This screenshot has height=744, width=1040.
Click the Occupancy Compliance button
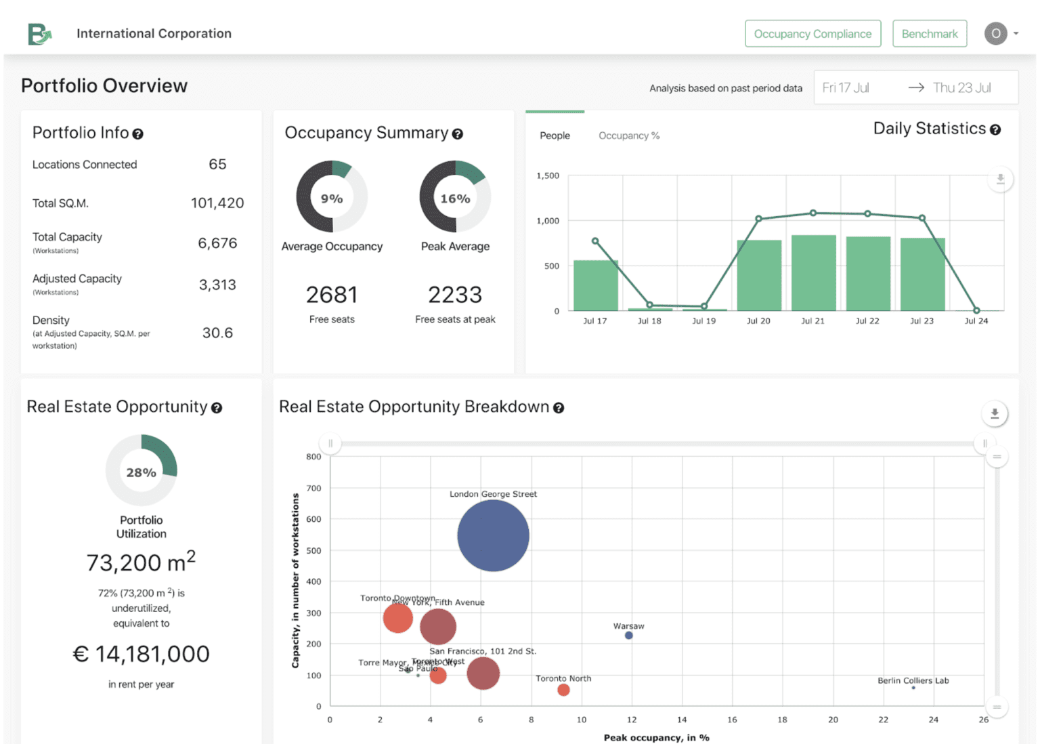[812, 34]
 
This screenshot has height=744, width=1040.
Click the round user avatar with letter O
[995, 33]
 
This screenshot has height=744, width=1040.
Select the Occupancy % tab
[628, 136]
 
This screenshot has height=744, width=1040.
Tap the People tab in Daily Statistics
[555, 136]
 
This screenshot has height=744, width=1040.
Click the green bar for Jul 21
[813, 273]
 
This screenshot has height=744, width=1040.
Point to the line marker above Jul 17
[595, 241]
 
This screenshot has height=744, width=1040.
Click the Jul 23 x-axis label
[922, 321]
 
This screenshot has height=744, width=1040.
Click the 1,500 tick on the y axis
[548, 175]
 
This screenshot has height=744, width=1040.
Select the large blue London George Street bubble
[493, 535]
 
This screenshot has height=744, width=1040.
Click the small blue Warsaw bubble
[628, 636]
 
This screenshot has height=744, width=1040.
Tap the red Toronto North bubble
[563, 690]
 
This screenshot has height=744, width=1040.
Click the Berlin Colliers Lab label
[913, 680]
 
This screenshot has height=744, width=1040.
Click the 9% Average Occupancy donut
[332, 197]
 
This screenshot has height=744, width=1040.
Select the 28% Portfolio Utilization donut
[141, 470]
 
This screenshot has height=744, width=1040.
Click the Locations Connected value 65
[217, 165]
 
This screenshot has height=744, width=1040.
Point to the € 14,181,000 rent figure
[141, 654]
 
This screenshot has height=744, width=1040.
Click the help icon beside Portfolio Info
[137, 134]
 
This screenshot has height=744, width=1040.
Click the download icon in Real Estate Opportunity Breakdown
[994, 413]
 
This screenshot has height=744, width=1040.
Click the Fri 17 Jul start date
[846, 88]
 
